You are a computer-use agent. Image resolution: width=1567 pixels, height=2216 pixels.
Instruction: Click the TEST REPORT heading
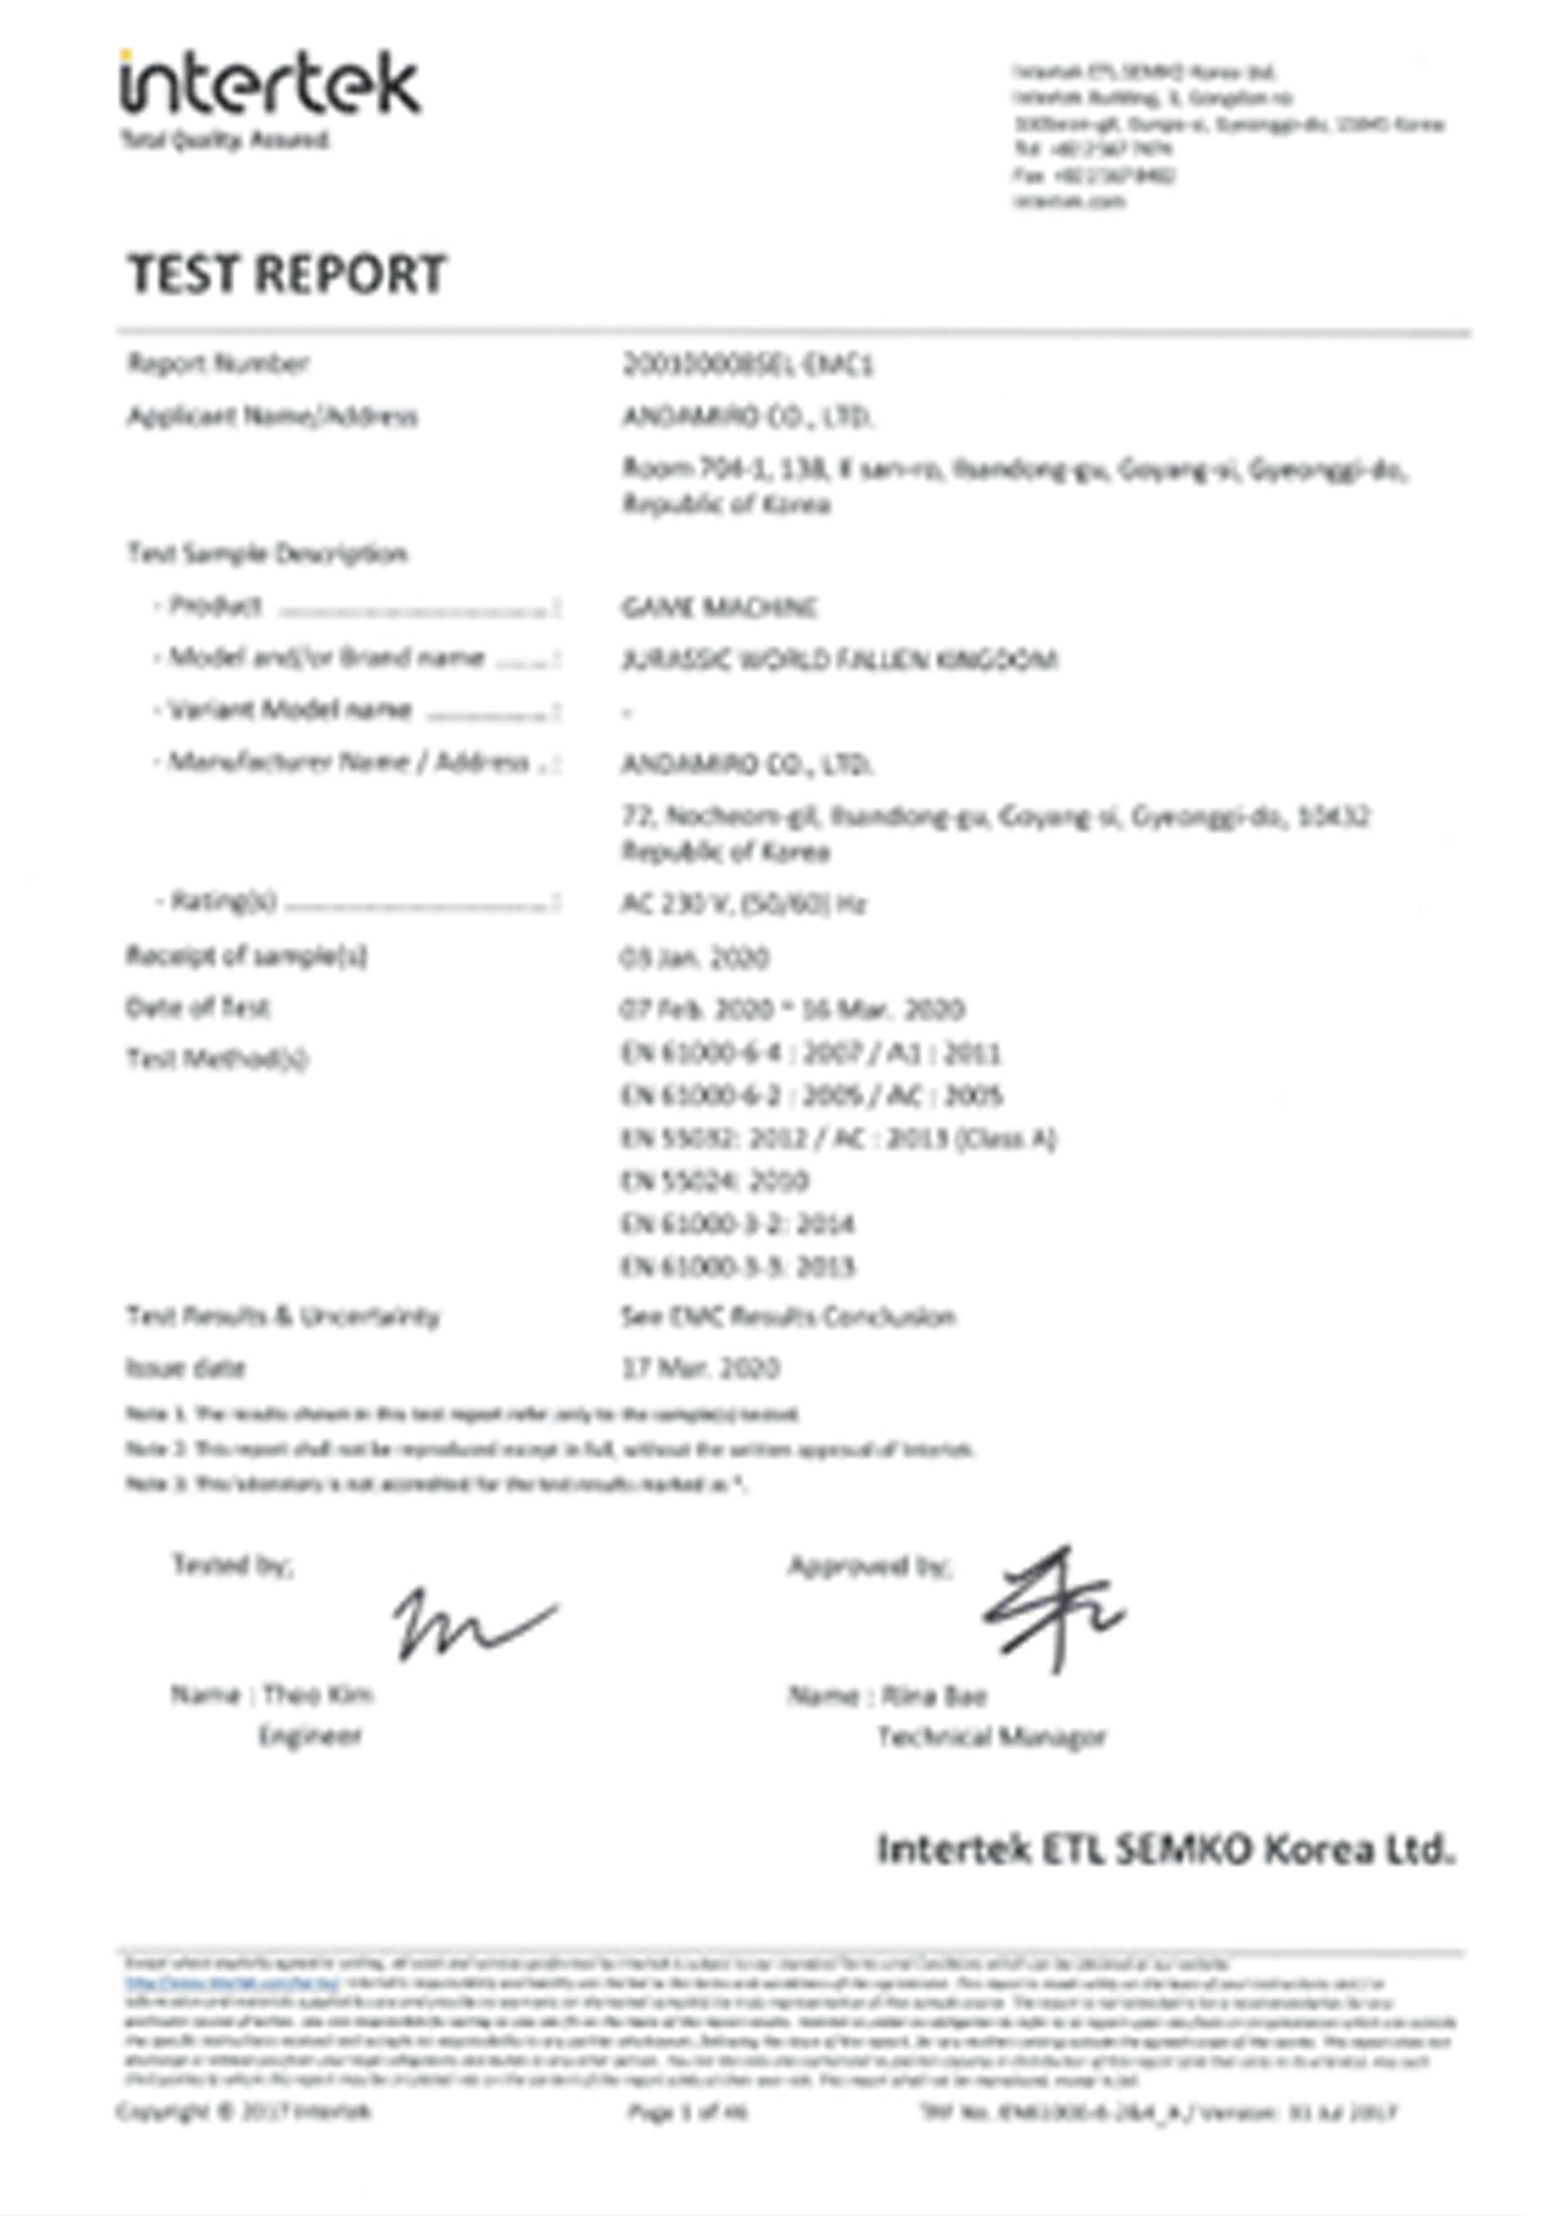click(287, 273)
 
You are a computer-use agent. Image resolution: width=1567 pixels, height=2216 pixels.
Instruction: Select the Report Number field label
click(218, 364)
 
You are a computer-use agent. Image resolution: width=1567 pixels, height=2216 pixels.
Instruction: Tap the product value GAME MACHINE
click(719, 607)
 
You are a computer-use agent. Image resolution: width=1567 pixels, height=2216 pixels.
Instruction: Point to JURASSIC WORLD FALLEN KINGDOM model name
click(839, 660)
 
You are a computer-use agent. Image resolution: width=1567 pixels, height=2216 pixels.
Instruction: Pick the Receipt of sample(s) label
click(246, 956)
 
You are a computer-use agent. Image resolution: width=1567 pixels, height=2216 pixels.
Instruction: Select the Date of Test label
click(198, 1008)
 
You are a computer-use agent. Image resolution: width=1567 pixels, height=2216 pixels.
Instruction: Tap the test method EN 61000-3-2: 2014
click(738, 1224)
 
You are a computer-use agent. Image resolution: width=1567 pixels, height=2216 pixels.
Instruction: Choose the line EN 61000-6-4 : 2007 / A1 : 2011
click(811, 1052)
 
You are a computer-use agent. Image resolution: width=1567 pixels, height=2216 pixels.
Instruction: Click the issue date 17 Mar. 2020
click(700, 1367)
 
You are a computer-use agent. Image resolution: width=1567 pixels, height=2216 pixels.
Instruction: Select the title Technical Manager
click(992, 1737)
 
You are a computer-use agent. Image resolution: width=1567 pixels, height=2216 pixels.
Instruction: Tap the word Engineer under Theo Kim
click(310, 1735)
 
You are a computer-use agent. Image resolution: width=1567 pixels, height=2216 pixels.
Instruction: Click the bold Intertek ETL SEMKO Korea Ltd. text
click(1165, 1850)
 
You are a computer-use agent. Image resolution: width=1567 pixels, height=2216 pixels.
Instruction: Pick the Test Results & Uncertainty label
click(283, 1316)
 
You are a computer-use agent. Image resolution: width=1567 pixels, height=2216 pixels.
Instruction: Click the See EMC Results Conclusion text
click(788, 1316)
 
